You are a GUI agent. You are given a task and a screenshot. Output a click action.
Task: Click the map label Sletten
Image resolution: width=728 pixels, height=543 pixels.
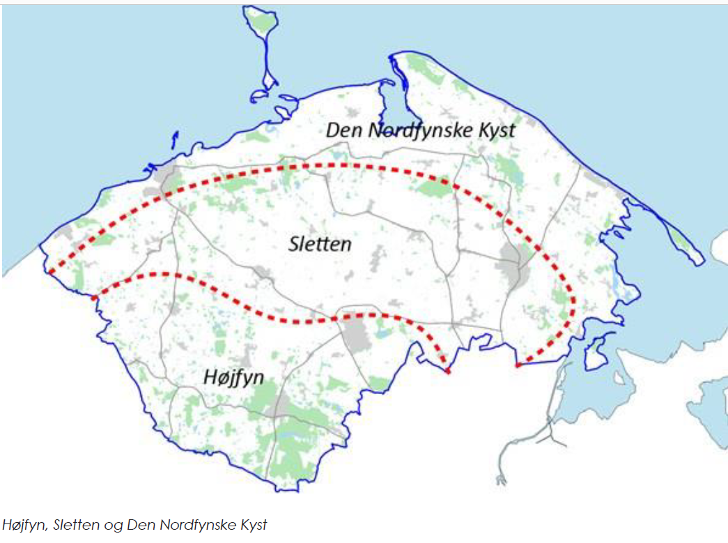[x=320, y=244]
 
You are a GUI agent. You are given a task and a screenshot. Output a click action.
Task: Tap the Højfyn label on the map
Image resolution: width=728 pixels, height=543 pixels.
[x=233, y=377]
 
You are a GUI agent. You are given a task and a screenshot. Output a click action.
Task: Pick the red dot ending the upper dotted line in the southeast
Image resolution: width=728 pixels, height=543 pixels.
[x=518, y=365]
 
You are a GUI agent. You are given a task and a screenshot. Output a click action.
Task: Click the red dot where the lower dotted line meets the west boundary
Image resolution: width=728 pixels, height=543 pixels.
[x=94, y=298]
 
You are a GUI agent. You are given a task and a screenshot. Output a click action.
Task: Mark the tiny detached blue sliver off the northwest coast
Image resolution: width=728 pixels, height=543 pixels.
[x=175, y=140]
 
